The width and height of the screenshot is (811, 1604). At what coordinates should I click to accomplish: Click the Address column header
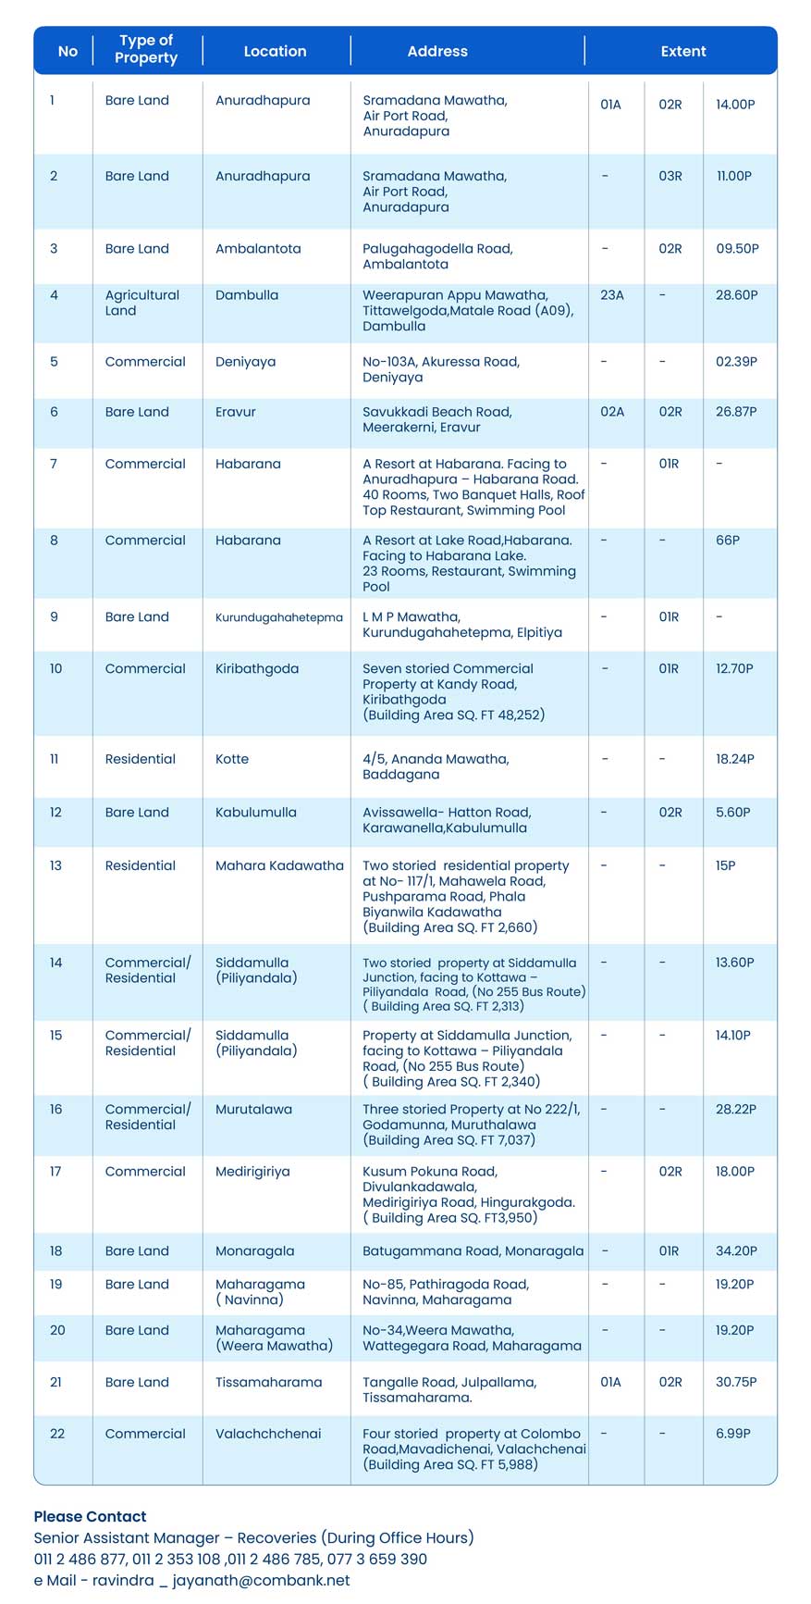tap(437, 51)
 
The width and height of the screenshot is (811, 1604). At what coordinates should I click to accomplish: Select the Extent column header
tap(682, 51)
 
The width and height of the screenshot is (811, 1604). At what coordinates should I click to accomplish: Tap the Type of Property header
tap(146, 49)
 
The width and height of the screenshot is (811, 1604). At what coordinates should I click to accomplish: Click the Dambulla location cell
tap(247, 295)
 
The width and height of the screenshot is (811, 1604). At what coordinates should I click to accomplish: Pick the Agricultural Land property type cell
tap(142, 303)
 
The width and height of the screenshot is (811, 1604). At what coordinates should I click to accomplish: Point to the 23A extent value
tap(612, 295)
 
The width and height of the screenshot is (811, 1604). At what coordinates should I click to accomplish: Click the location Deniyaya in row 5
tap(246, 362)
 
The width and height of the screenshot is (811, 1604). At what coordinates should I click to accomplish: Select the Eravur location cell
tap(236, 412)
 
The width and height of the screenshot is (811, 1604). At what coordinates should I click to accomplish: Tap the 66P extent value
tap(728, 541)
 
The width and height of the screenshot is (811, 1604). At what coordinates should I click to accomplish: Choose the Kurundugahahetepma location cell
tap(279, 617)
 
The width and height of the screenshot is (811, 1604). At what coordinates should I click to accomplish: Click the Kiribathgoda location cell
tap(257, 669)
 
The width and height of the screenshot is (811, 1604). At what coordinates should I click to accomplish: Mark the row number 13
tap(55, 866)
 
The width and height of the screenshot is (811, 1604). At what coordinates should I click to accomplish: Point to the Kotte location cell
tap(232, 759)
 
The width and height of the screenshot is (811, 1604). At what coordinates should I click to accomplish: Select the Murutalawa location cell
tap(253, 1110)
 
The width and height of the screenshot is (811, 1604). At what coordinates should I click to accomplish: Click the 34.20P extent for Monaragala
tap(736, 1251)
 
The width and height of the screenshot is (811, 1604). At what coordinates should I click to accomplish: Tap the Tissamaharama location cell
tap(269, 1383)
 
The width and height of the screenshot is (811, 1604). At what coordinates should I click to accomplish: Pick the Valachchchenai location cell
tap(268, 1435)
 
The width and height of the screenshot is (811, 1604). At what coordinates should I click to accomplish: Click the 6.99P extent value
tap(733, 1435)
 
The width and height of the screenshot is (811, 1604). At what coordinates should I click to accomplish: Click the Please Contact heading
tap(90, 1517)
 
